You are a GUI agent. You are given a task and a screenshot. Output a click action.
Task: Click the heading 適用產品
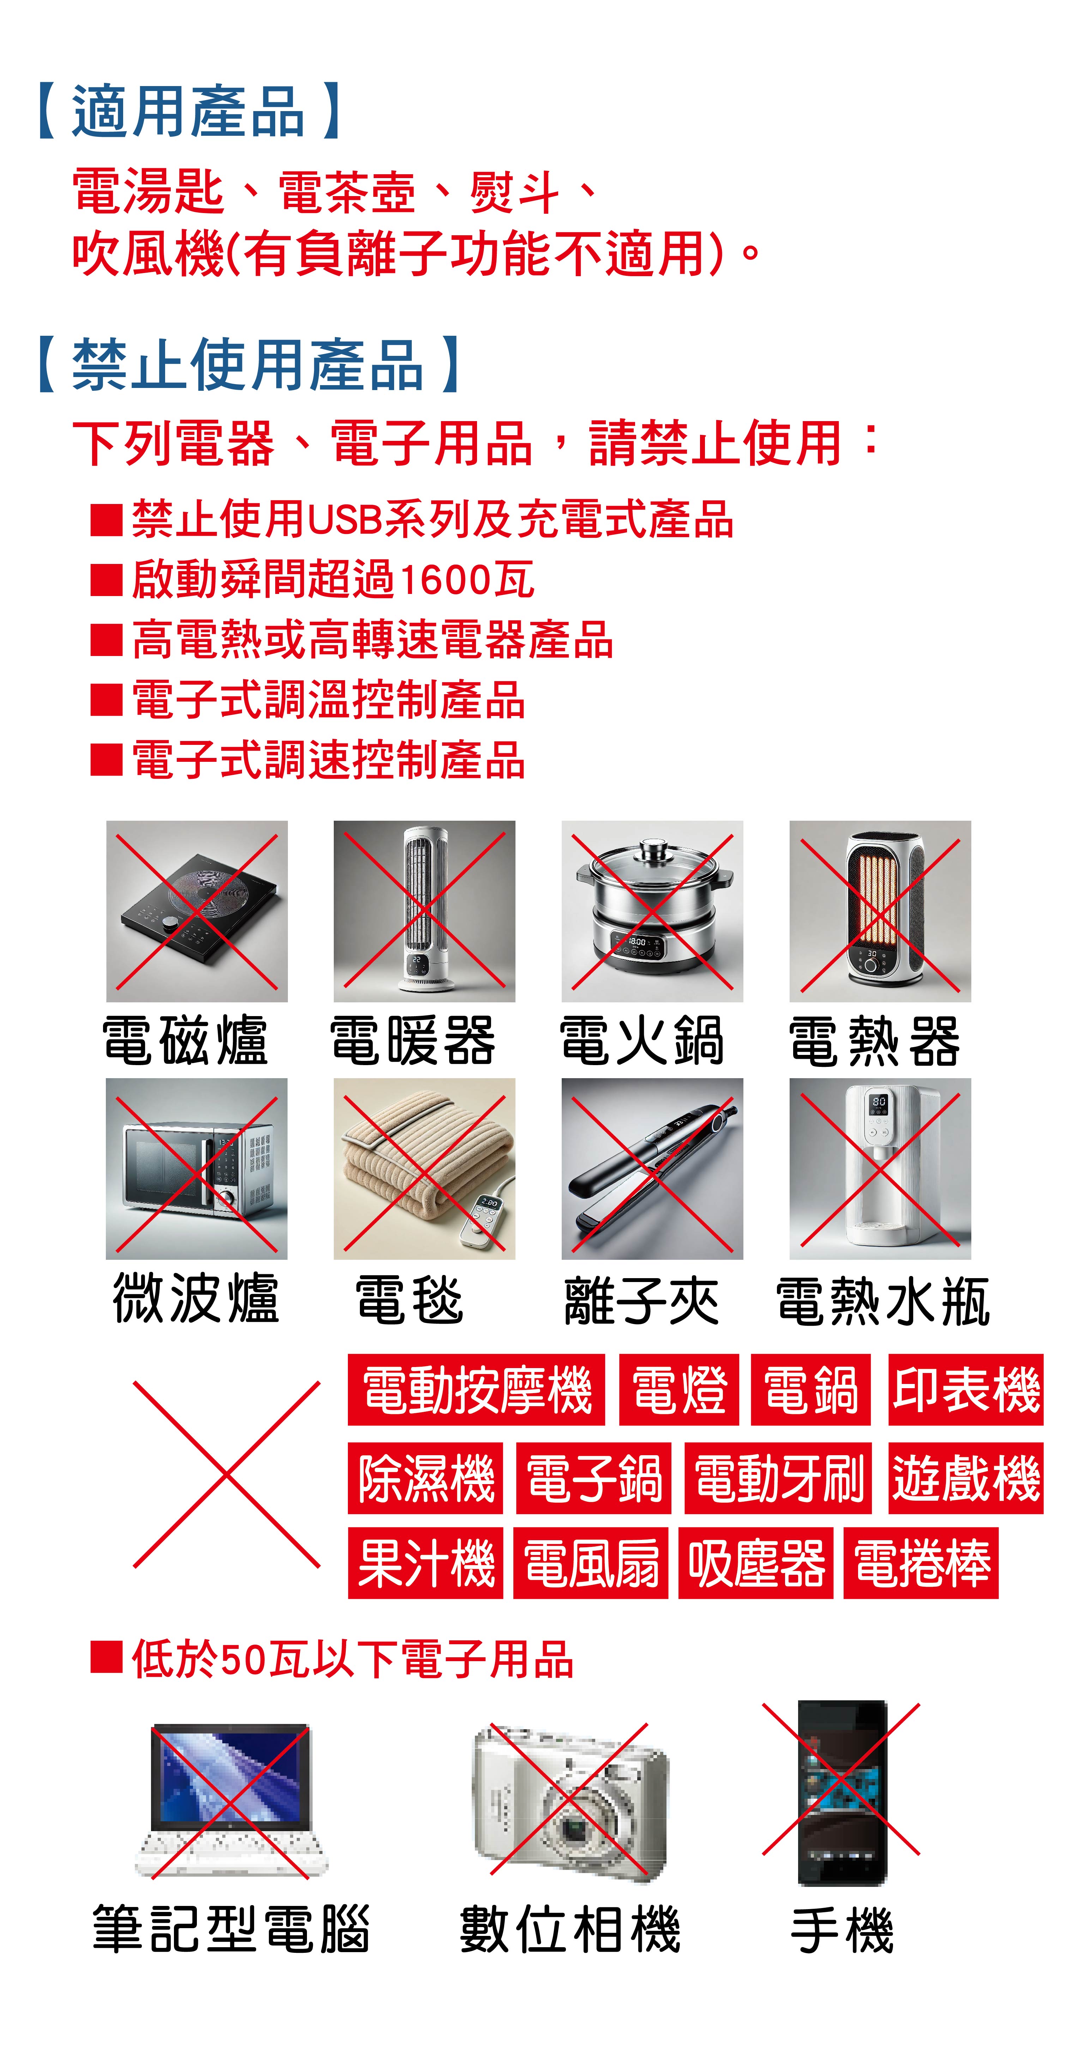click(189, 111)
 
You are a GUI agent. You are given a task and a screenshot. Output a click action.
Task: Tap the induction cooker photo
click(197, 911)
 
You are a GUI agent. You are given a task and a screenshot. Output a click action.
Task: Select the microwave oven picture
click(197, 1168)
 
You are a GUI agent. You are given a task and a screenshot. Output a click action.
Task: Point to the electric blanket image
click(424, 1168)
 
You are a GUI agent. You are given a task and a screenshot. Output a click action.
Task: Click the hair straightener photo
click(652, 1168)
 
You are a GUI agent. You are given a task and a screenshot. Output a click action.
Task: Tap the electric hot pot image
click(652, 911)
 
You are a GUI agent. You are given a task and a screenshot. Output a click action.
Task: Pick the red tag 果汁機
click(426, 1563)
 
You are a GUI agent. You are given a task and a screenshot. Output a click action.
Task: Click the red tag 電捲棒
click(922, 1563)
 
